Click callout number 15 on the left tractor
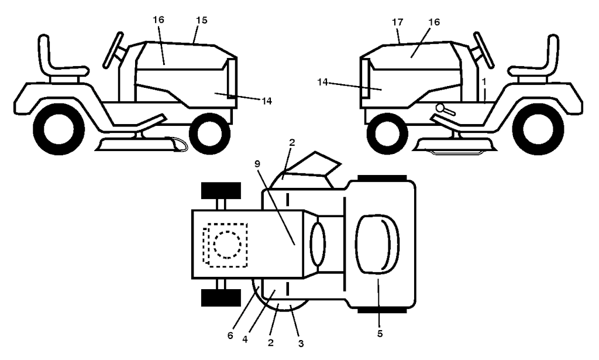pyautogui.click(x=202, y=20)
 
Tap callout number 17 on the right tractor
pyautogui.click(x=398, y=22)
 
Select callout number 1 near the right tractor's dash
pyautogui.click(x=484, y=81)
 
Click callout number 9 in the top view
pyautogui.click(x=257, y=163)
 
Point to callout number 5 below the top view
pyautogui.click(x=380, y=333)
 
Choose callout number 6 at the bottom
pyautogui.click(x=230, y=335)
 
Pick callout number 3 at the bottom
pyautogui.click(x=301, y=344)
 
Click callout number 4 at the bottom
pyautogui.click(x=245, y=340)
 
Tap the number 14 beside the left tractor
pyautogui.click(x=267, y=101)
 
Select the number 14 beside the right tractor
pyautogui.click(x=323, y=82)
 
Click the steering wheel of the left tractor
pyautogui.click(x=113, y=50)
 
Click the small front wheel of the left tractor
pyautogui.click(x=210, y=133)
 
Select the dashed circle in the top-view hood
pyautogui.click(x=228, y=245)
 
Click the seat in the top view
pyautogui.click(x=377, y=244)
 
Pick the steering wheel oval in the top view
pyautogui.click(x=318, y=244)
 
